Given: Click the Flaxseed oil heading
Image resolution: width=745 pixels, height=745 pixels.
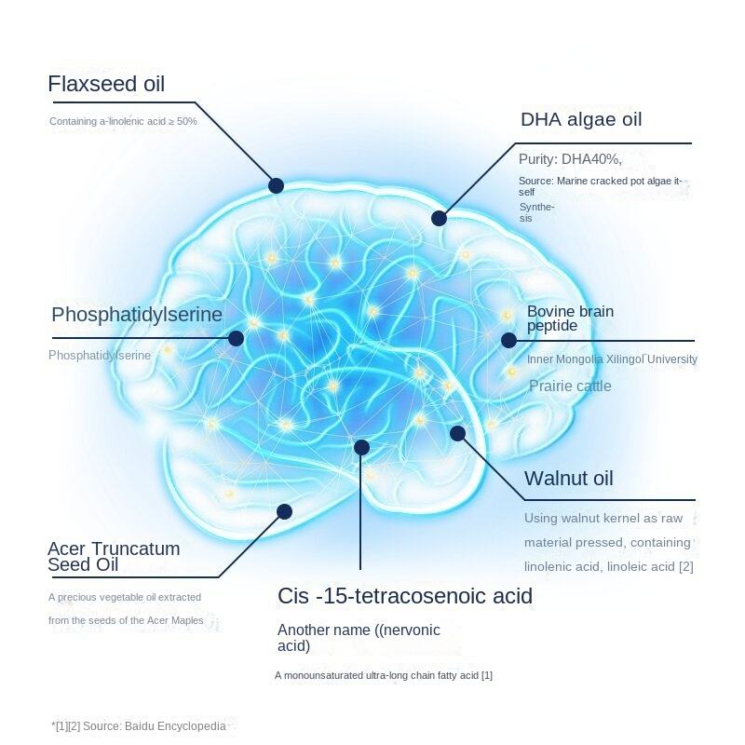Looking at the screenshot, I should (x=106, y=85).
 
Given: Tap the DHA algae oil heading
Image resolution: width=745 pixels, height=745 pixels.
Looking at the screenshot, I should (x=581, y=119).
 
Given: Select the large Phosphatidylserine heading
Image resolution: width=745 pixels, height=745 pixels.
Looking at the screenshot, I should (x=137, y=315).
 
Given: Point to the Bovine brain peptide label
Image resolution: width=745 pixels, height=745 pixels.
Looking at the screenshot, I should (x=570, y=318).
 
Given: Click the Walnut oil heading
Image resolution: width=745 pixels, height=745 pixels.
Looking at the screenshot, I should (x=568, y=479).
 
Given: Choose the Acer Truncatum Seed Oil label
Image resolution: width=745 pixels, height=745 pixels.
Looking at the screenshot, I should (x=114, y=557).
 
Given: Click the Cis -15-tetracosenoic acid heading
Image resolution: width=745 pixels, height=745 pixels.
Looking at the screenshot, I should (x=405, y=596).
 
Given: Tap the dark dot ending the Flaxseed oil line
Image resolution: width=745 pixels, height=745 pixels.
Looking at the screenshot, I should (x=276, y=185).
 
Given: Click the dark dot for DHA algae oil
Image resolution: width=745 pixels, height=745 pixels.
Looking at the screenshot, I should (x=439, y=218).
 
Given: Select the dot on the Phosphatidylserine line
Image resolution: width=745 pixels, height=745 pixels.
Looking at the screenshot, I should (x=236, y=338).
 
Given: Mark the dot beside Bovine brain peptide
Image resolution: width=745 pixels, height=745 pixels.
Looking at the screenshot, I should (x=508, y=340).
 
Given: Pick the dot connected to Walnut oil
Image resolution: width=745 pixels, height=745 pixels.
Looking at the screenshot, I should (x=457, y=433).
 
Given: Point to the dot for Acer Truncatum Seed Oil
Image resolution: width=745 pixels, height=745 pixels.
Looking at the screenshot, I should (x=285, y=511).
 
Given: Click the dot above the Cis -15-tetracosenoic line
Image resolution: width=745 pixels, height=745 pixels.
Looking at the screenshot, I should (x=361, y=448).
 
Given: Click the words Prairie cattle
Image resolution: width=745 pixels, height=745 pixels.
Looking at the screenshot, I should (x=570, y=386).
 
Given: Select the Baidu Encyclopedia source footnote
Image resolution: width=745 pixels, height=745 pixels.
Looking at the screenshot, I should (x=139, y=725).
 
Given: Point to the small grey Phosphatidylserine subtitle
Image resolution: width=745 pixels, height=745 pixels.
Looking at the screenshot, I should (x=100, y=356).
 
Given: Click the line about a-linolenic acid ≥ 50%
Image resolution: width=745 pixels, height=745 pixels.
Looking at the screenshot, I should (x=123, y=121).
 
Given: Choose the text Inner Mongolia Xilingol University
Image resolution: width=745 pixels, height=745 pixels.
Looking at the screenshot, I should (x=612, y=359).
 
